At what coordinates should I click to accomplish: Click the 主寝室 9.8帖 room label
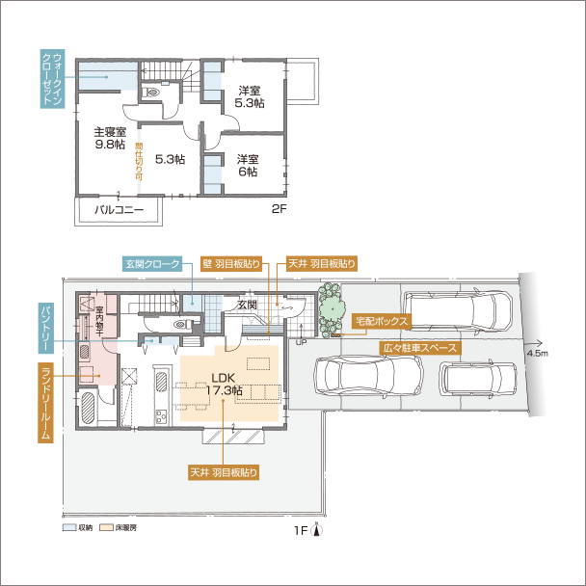click(109, 138)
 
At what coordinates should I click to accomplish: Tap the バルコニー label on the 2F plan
click(119, 208)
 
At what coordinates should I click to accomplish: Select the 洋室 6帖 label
click(248, 165)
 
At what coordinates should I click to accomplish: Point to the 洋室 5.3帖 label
click(249, 96)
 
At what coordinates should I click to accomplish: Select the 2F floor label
click(279, 208)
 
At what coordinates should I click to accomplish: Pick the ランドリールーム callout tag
click(44, 403)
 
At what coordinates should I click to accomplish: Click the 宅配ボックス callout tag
click(383, 320)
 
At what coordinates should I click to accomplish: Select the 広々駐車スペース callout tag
click(419, 346)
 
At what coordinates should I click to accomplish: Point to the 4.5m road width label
click(537, 354)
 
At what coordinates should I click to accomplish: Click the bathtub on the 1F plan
click(86, 410)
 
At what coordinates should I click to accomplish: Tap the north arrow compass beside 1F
click(316, 528)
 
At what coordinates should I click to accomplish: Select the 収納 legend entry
click(79, 528)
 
